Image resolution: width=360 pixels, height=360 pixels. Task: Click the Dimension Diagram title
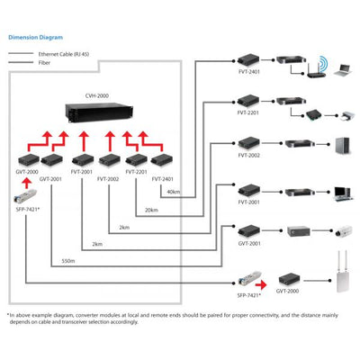[35, 39]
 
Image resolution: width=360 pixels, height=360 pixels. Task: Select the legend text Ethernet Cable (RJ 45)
[64, 54]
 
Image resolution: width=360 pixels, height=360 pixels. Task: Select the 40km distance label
[173, 192]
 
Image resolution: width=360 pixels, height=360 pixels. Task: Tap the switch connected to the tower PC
[298, 144]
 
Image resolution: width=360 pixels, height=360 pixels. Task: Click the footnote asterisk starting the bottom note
[8, 315]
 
